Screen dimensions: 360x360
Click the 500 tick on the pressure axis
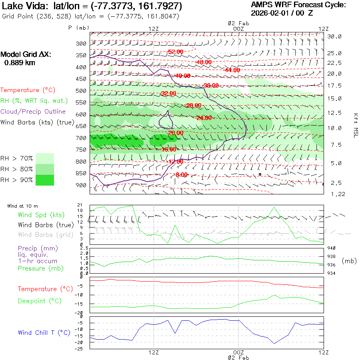pos(81,91)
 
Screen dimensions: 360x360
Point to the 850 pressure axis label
pos(81,173)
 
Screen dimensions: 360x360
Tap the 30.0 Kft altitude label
pos(334,36)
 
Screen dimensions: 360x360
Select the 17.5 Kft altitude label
pos(334,86)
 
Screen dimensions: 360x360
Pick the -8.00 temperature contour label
pos(181,175)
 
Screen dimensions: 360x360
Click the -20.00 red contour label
pos(176,133)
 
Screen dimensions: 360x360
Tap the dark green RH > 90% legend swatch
pos(45,180)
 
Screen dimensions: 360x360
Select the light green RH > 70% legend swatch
pos(45,158)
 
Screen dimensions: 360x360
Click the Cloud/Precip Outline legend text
pos(33,112)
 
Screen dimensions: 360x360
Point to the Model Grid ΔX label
pos(26,54)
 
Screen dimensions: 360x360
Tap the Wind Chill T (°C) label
pos(44,332)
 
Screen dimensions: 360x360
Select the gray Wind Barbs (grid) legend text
pos(42,235)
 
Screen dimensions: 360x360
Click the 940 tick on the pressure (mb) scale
pos(331,248)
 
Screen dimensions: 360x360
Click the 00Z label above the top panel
pos(238,28)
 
